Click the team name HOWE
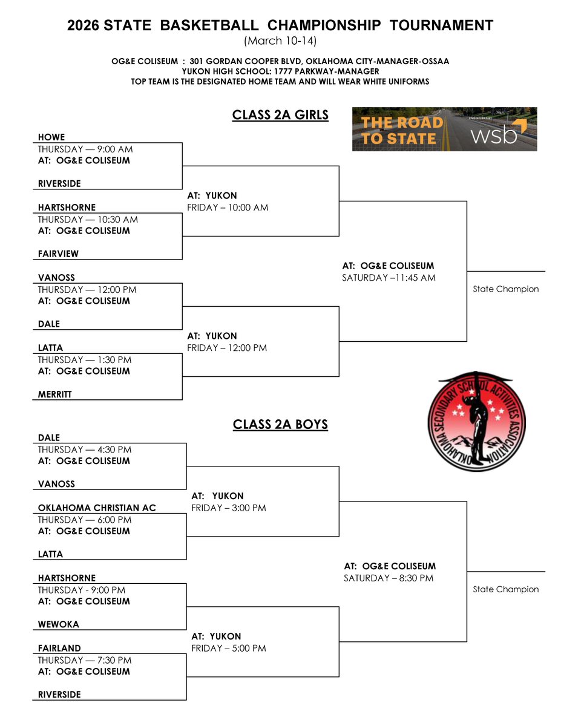tap(51, 137)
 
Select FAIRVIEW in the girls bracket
tap(58, 254)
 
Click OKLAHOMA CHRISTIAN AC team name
tap(97, 508)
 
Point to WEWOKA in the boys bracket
tap(59, 624)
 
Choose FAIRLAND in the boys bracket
tap(59, 648)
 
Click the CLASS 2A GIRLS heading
tap(280, 115)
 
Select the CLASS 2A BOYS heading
tap(280, 425)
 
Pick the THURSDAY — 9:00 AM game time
tap(85, 149)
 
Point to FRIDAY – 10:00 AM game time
tap(228, 208)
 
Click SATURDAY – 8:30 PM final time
tap(389, 578)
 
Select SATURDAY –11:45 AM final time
tap(389, 278)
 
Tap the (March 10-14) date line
tap(280, 41)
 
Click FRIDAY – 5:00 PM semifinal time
tap(229, 649)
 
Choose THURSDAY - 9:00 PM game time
tap(84, 590)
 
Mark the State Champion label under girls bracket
tap(505, 289)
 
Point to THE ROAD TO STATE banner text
tap(402, 130)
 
